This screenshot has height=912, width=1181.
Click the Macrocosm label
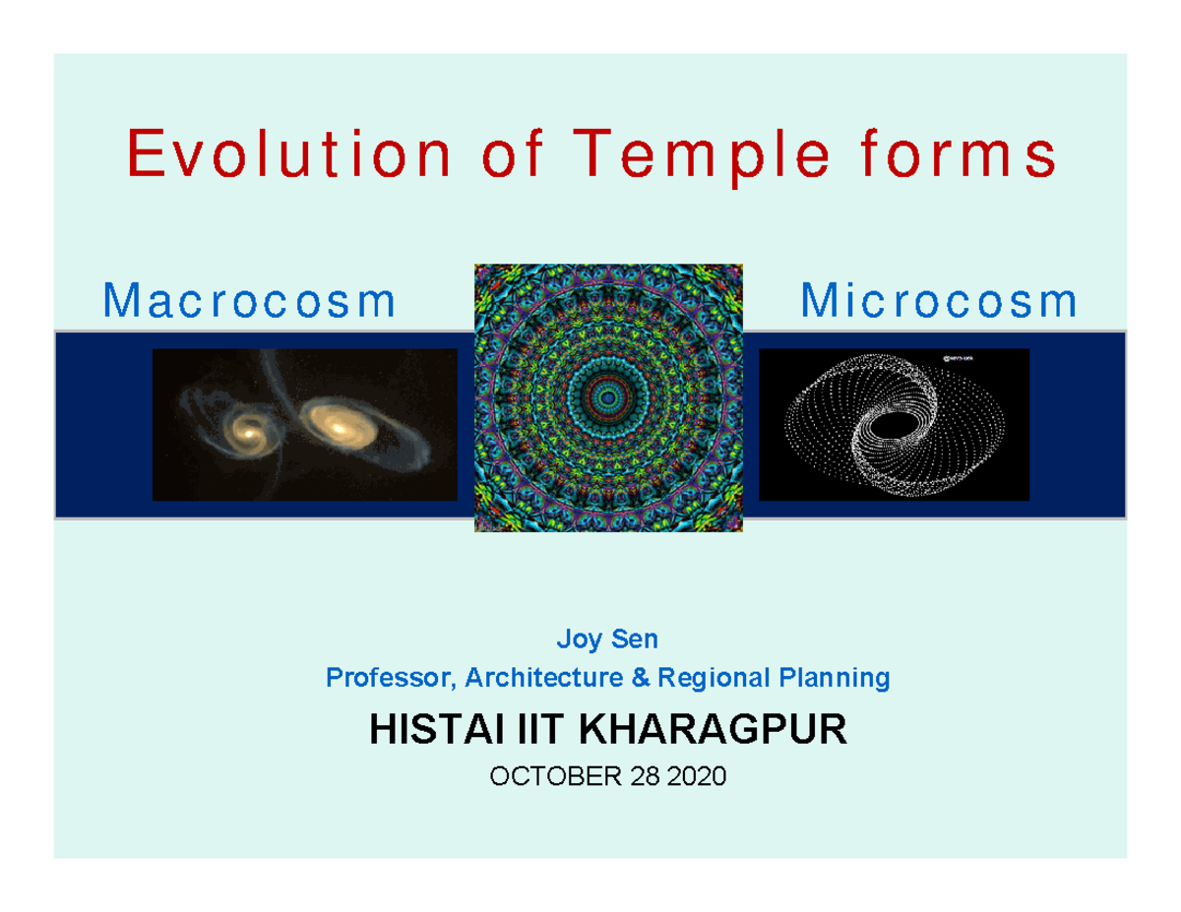coord(250,302)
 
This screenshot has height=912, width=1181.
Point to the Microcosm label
coord(938,302)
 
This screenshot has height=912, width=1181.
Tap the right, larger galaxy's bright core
coord(339,426)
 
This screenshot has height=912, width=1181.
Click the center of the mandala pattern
coord(607,398)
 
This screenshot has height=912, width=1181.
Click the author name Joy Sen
coord(607,640)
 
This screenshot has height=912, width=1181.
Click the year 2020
coord(696,778)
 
